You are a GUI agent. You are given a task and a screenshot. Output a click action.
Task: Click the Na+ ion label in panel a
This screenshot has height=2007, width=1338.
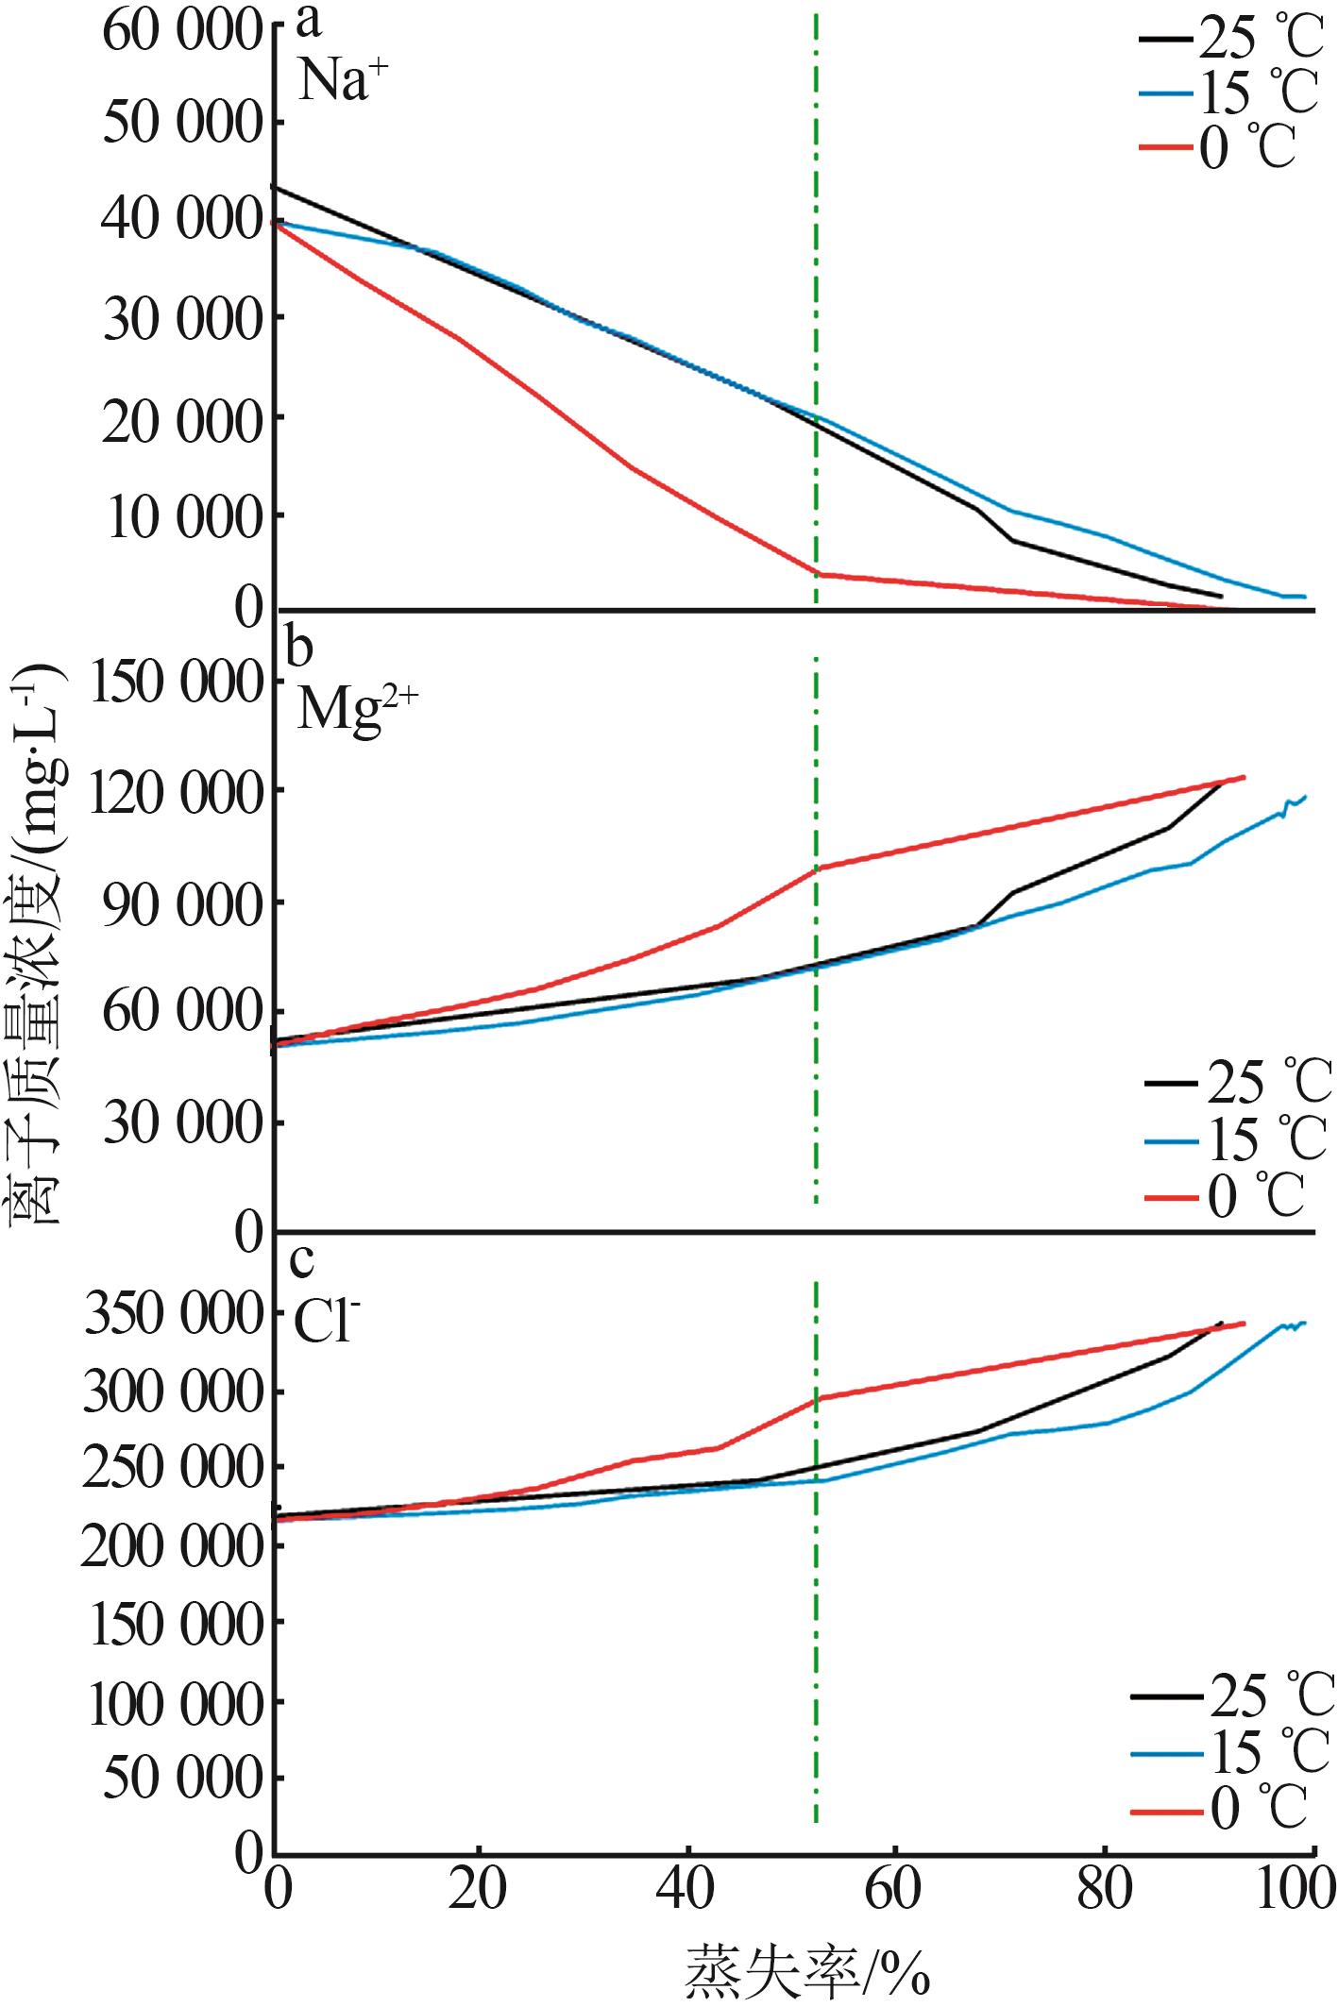(343, 79)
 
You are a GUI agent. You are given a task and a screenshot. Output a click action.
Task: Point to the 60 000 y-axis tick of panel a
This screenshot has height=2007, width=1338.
(181, 32)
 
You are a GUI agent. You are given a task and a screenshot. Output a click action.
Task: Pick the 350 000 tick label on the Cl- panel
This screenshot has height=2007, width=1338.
(172, 1315)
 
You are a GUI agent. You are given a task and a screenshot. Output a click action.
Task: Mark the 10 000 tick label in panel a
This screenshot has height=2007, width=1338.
(183, 517)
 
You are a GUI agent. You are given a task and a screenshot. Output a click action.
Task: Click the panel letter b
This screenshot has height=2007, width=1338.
(302, 648)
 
